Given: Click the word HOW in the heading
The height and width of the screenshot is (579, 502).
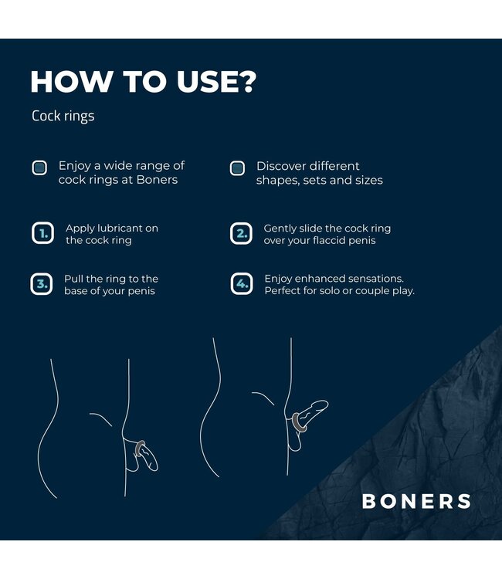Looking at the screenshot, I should tap(66, 82).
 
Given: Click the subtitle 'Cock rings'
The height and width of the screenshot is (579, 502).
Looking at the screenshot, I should tap(63, 116).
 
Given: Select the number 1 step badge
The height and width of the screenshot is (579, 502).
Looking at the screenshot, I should tap(42, 233).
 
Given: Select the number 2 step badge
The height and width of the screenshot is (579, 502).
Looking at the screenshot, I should tap(241, 233).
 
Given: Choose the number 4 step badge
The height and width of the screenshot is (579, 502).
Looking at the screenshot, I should tap(241, 284).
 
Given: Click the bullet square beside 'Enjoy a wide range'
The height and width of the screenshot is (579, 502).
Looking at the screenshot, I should tap(39, 168).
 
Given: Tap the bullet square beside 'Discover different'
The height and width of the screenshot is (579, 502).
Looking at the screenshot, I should tap(237, 168).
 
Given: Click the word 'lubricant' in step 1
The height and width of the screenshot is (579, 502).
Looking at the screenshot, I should tap(118, 229).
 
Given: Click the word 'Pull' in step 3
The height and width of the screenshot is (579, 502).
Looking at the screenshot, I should tap(74, 279).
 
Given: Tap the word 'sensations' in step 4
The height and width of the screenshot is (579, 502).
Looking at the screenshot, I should tap(377, 278).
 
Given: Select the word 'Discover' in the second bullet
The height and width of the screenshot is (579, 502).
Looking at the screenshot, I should tap(282, 166).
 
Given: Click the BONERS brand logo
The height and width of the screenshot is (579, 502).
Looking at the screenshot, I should tap(416, 501).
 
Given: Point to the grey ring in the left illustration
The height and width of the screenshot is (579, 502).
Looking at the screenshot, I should tap(140, 448).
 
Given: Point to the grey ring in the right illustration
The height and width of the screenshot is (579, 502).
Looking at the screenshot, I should tap(298, 422).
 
